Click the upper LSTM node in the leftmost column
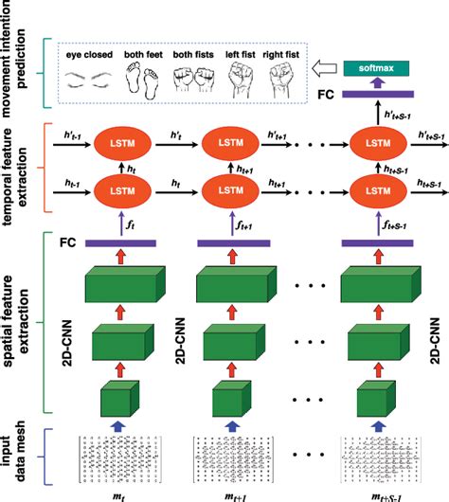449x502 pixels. click(120, 144)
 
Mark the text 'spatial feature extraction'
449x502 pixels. click(21, 317)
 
